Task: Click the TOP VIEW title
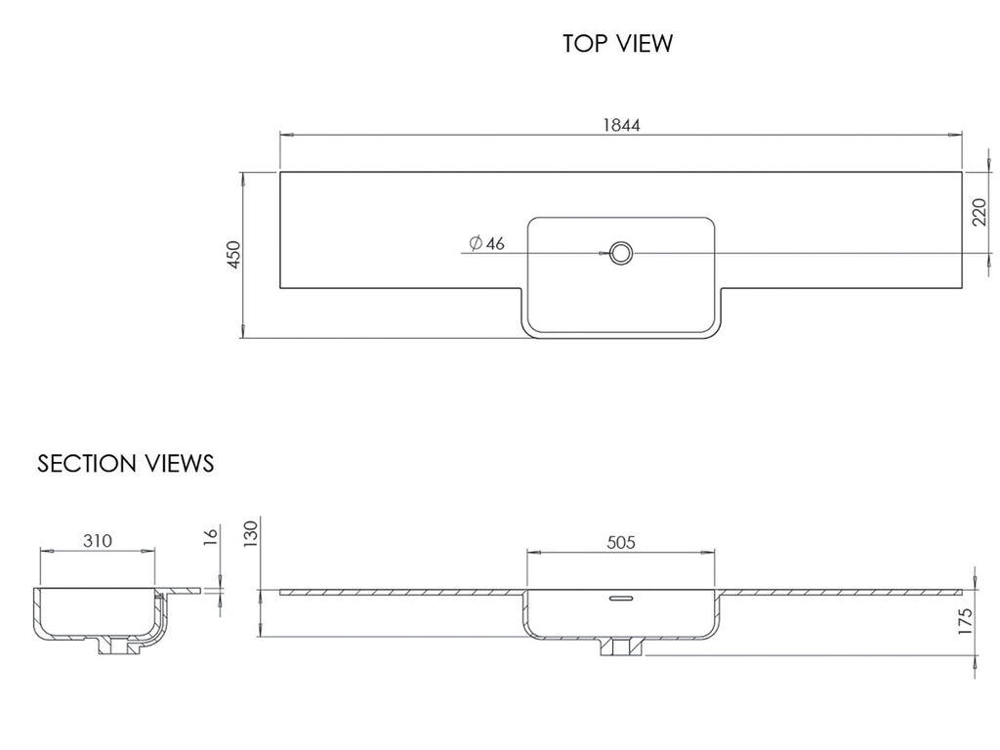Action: [x=617, y=43]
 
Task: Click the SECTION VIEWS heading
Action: [x=126, y=464]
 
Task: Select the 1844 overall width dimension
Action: [x=622, y=125]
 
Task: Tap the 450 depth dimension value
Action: [x=234, y=255]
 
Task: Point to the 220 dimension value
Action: [x=980, y=212]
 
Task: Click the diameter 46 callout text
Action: [x=486, y=243]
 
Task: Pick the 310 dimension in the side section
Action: [x=98, y=541]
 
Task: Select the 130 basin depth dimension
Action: [x=251, y=534]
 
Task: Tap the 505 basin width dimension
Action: [x=621, y=542]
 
